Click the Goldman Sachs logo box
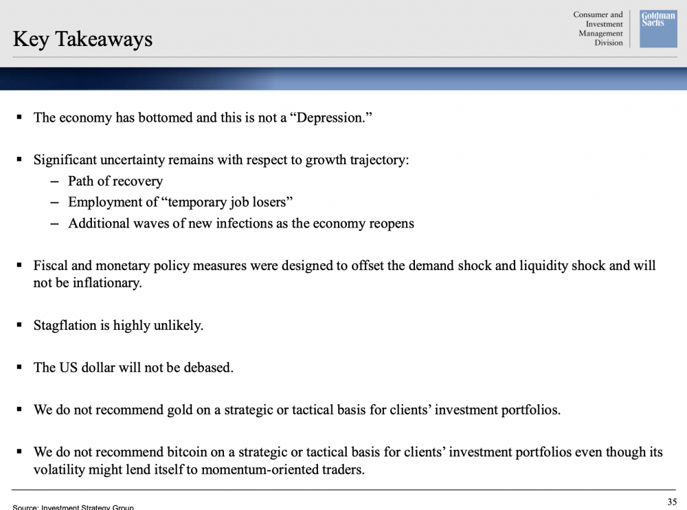tap(658, 29)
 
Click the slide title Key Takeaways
tap(82, 38)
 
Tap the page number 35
tap(671, 500)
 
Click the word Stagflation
tap(65, 325)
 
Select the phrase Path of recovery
tap(115, 181)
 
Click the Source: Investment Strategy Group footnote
tap(74, 507)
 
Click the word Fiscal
tap(50, 265)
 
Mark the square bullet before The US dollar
tap(19, 368)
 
